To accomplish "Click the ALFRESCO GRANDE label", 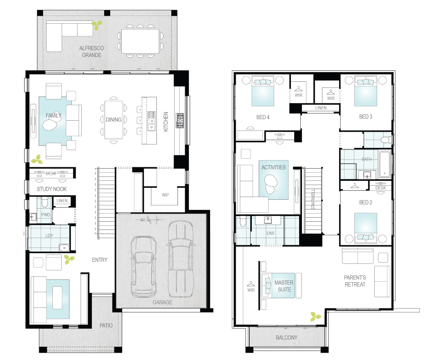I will (92, 52).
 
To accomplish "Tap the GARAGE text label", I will (162, 302).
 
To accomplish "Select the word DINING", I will (113, 120).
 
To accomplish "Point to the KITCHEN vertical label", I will (166, 121).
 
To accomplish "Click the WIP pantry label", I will (165, 195).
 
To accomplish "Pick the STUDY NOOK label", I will (51, 189).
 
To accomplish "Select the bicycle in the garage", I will (150, 220).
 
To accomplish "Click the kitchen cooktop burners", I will (180, 120).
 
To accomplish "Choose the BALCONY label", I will (286, 337).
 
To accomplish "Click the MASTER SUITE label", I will (284, 286).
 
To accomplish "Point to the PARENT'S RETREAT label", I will (355, 281).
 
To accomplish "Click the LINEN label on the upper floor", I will (320, 108).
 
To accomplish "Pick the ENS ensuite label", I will (270, 233).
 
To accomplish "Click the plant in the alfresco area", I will (97, 26).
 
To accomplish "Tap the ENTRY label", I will (100, 260).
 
